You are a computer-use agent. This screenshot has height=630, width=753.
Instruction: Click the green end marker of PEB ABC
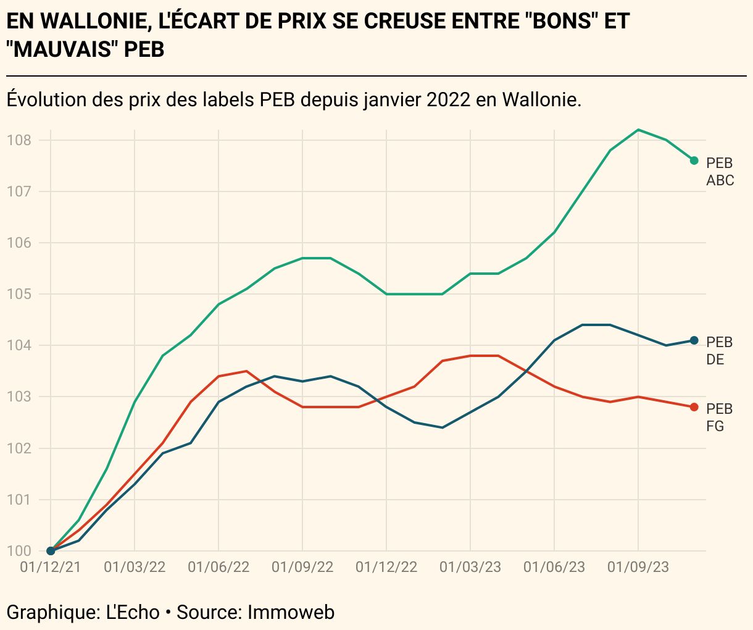pyautogui.click(x=694, y=161)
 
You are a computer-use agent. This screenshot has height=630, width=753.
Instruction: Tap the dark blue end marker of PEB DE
pyautogui.click(x=694, y=340)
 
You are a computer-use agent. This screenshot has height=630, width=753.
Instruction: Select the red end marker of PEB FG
pyautogui.click(x=694, y=407)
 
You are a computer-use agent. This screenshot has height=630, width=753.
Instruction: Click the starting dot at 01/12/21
pyautogui.click(x=51, y=551)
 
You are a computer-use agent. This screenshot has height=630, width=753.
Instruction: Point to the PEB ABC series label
pyautogui.click(x=720, y=172)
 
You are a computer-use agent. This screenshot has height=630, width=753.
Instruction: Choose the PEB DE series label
pyautogui.click(x=719, y=351)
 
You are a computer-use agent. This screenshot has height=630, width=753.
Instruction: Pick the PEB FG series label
pyautogui.click(x=719, y=418)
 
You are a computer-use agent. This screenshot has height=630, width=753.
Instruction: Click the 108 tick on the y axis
pyautogui.click(x=19, y=140)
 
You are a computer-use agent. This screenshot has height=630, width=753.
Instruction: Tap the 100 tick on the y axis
pyautogui.click(x=19, y=551)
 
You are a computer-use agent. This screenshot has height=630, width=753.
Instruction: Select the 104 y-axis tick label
pyautogui.click(x=19, y=345)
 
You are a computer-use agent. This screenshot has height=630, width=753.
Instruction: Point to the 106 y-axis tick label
pyautogui.click(x=19, y=243)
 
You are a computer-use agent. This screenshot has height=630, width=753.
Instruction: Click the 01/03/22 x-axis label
pyautogui.click(x=135, y=567)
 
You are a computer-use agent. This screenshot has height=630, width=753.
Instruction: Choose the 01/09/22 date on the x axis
pyautogui.click(x=302, y=567)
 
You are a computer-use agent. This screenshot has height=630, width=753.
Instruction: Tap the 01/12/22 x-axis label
pyautogui.click(x=386, y=567)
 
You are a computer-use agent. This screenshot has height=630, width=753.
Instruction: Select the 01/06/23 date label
pyautogui.click(x=554, y=567)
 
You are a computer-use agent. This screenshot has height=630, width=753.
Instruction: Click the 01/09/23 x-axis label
pyautogui.click(x=638, y=567)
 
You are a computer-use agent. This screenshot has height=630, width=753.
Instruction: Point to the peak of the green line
pyautogui.click(x=638, y=130)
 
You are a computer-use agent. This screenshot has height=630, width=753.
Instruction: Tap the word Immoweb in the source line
pyautogui.click(x=291, y=612)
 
